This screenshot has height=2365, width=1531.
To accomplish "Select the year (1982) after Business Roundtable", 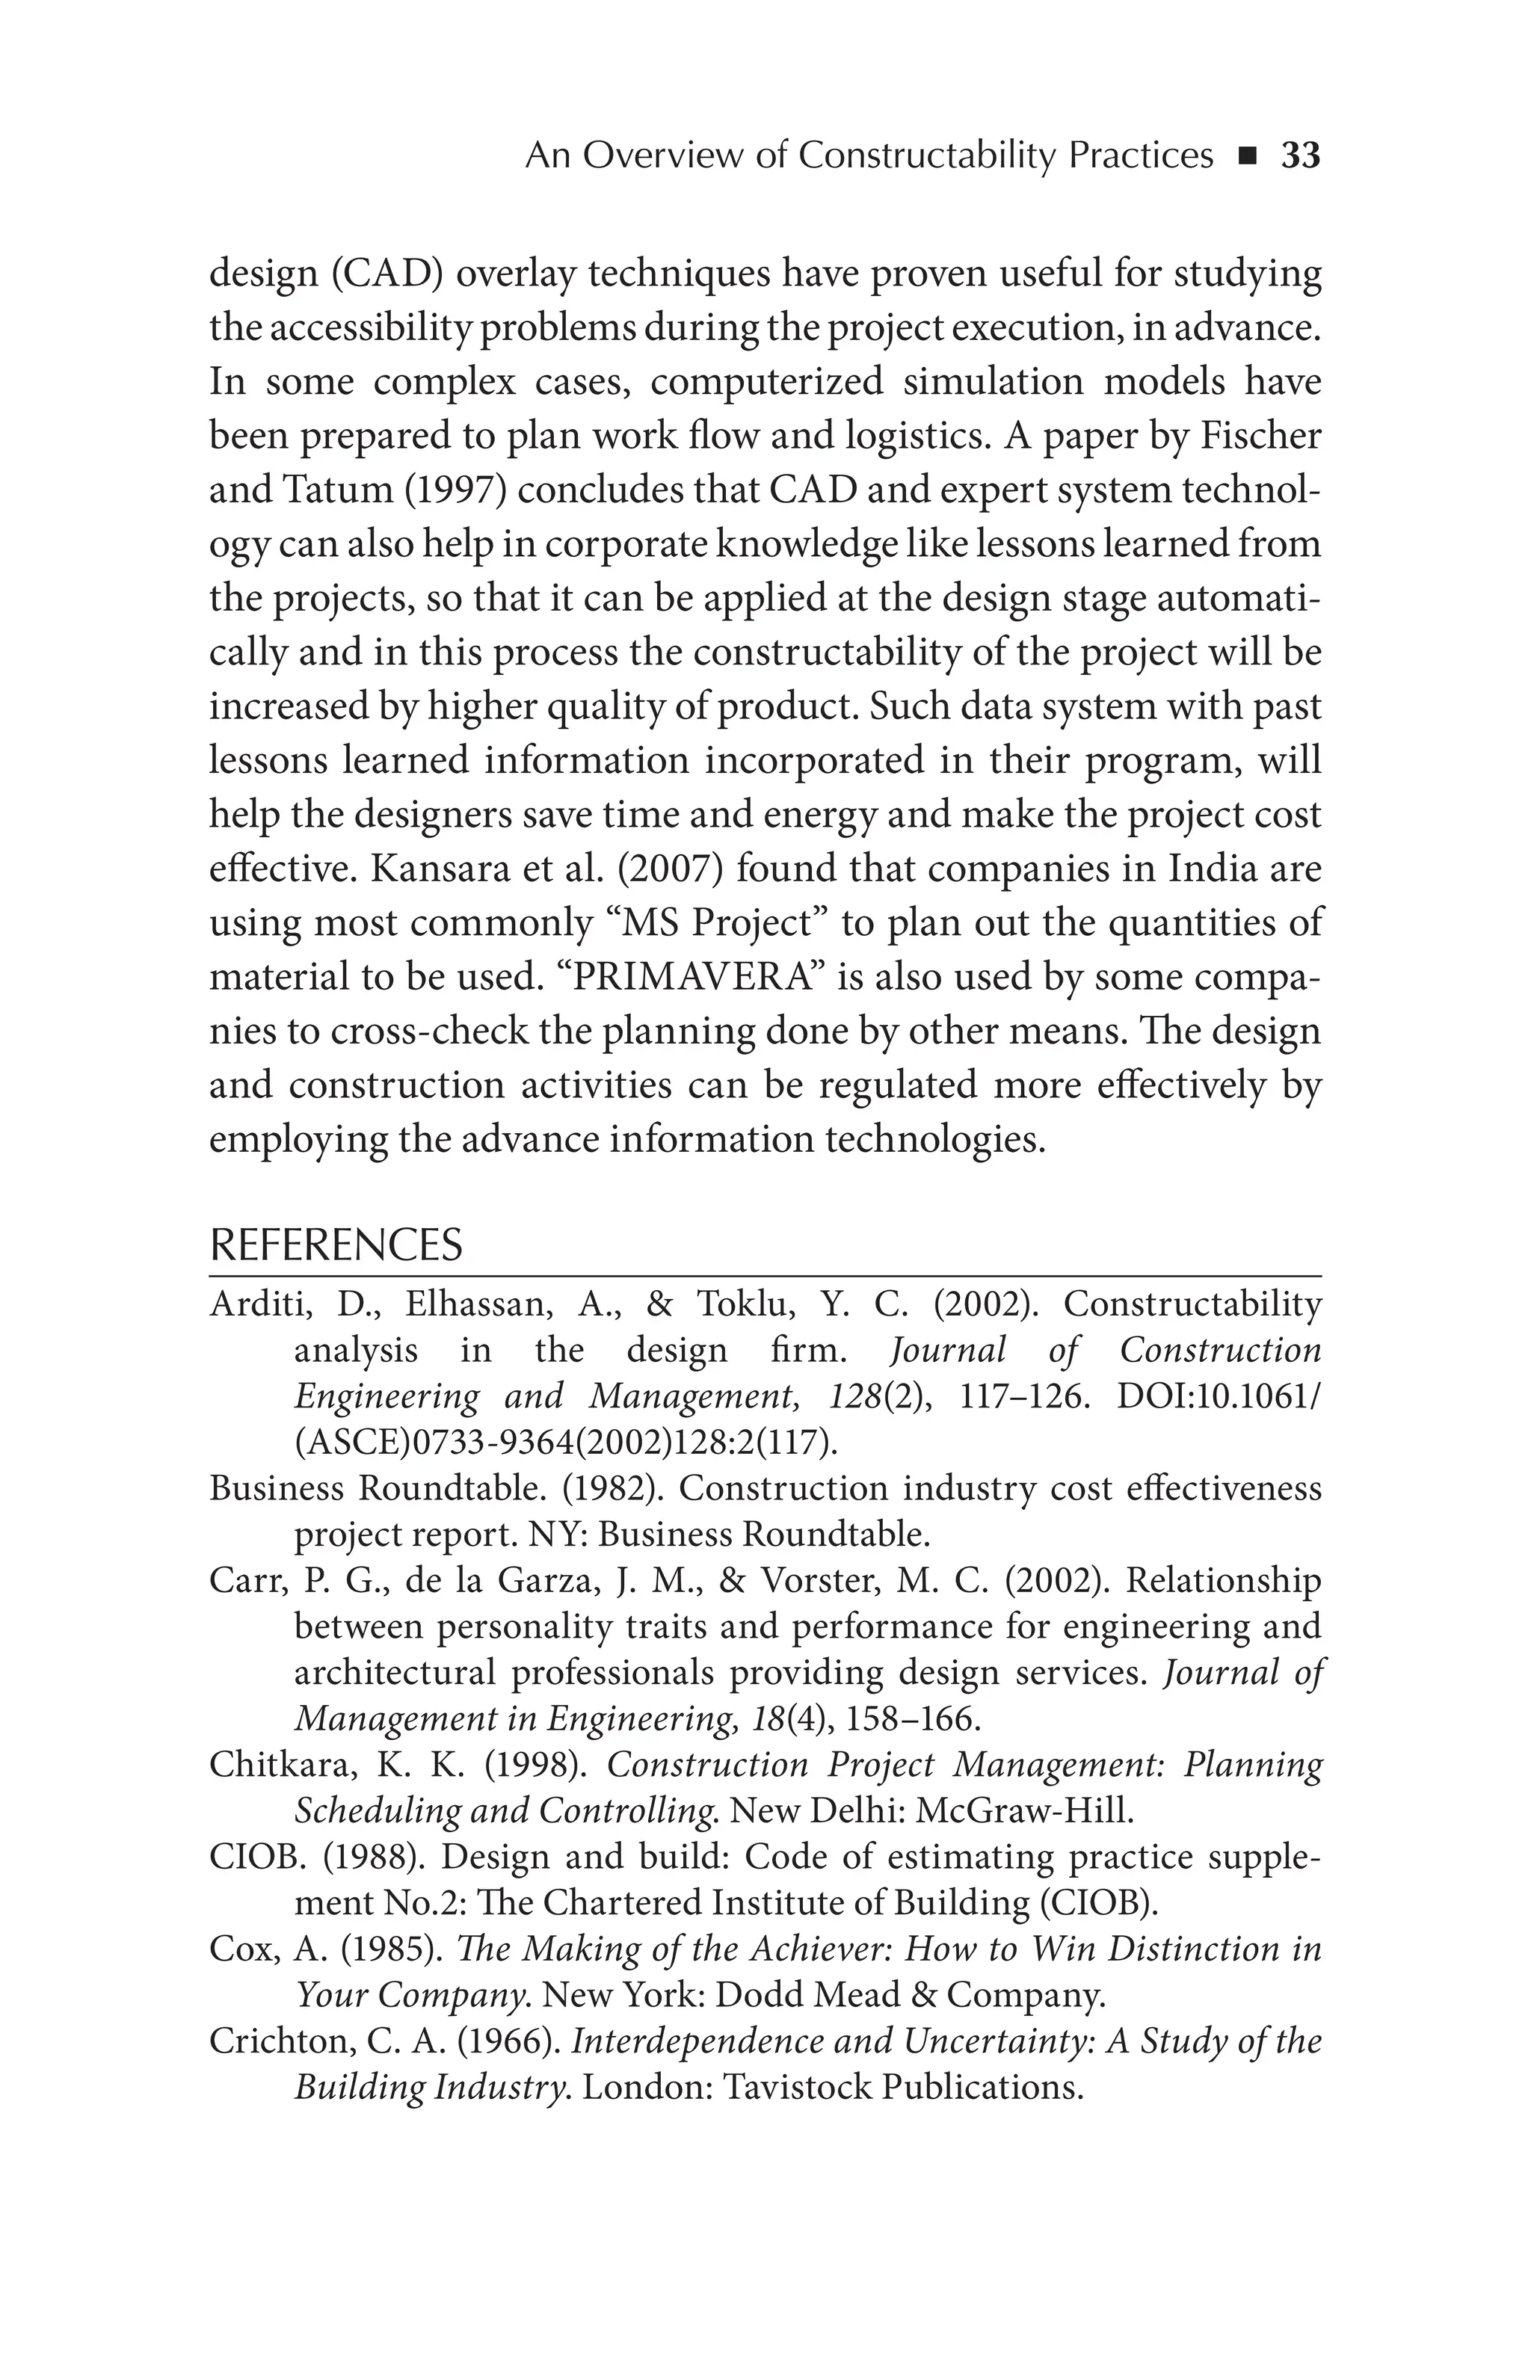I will coord(614,1488).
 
